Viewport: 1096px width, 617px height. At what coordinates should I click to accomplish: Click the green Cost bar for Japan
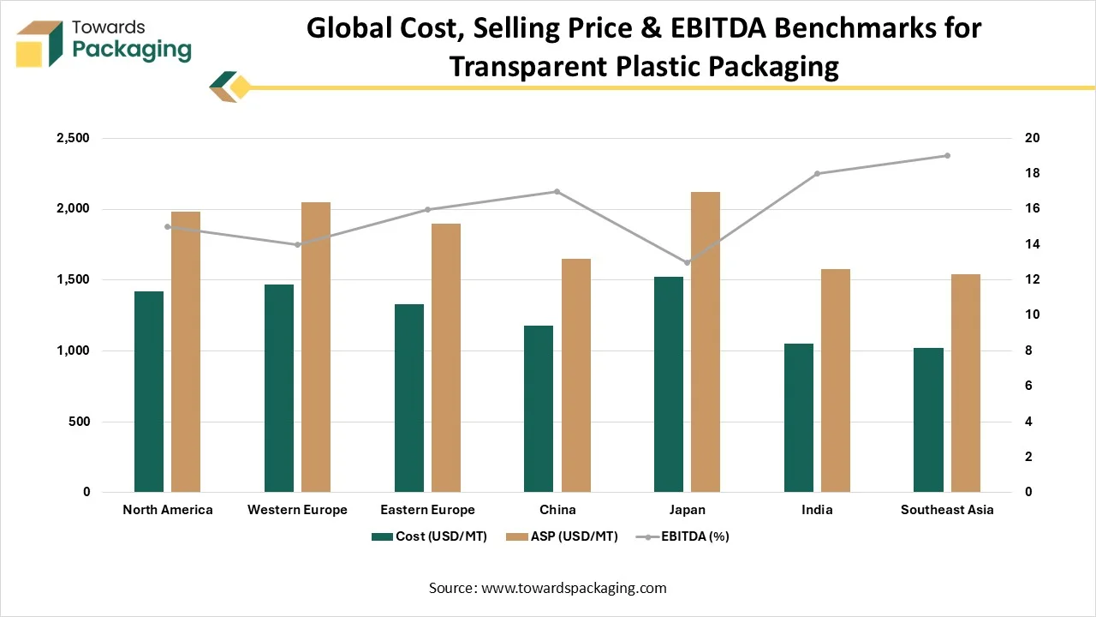[669, 384]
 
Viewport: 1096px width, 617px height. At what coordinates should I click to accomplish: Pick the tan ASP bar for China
[575, 375]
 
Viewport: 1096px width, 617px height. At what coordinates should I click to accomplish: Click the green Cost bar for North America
[149, 392]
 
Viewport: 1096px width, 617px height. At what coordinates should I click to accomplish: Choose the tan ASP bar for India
[836, 380]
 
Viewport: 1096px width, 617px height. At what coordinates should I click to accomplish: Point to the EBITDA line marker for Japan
[687, 262]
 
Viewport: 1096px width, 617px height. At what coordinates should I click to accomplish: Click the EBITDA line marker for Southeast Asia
[947, 155]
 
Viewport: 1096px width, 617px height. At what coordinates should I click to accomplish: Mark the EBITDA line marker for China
[557, 191]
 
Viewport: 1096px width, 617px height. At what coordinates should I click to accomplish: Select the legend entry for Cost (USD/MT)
[429, 536]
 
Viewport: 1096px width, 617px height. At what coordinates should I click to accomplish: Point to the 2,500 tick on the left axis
[73, 138]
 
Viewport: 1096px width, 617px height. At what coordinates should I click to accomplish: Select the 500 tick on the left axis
[80, 422]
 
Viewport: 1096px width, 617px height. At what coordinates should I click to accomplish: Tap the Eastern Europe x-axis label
[427, 510]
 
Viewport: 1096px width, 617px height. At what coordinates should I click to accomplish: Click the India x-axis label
[817, 510]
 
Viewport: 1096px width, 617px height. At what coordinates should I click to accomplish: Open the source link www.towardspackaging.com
[575, 588]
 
